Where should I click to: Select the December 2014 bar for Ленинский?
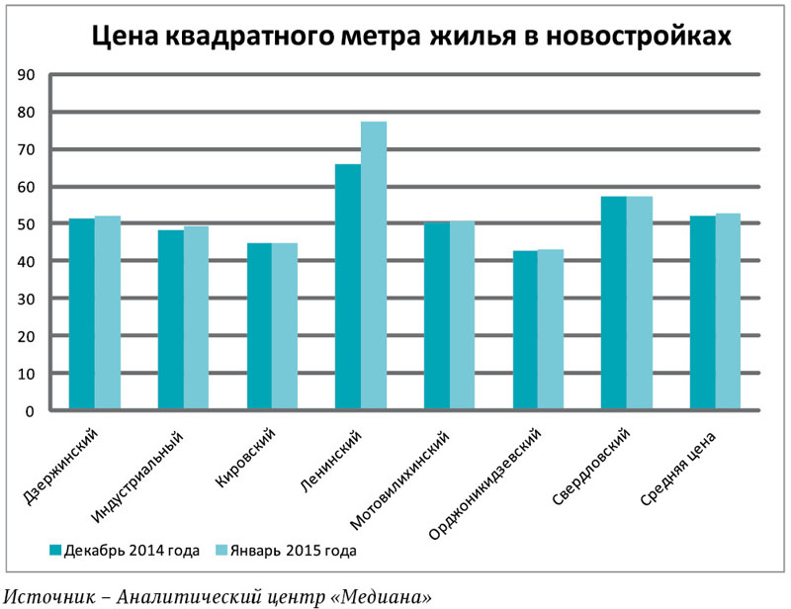pos(348,287)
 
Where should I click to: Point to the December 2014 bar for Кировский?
pos(259,326)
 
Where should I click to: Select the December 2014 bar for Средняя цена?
pos(703,312)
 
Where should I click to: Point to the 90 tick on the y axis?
pos(27,75)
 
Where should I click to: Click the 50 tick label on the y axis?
pos(27,224)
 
